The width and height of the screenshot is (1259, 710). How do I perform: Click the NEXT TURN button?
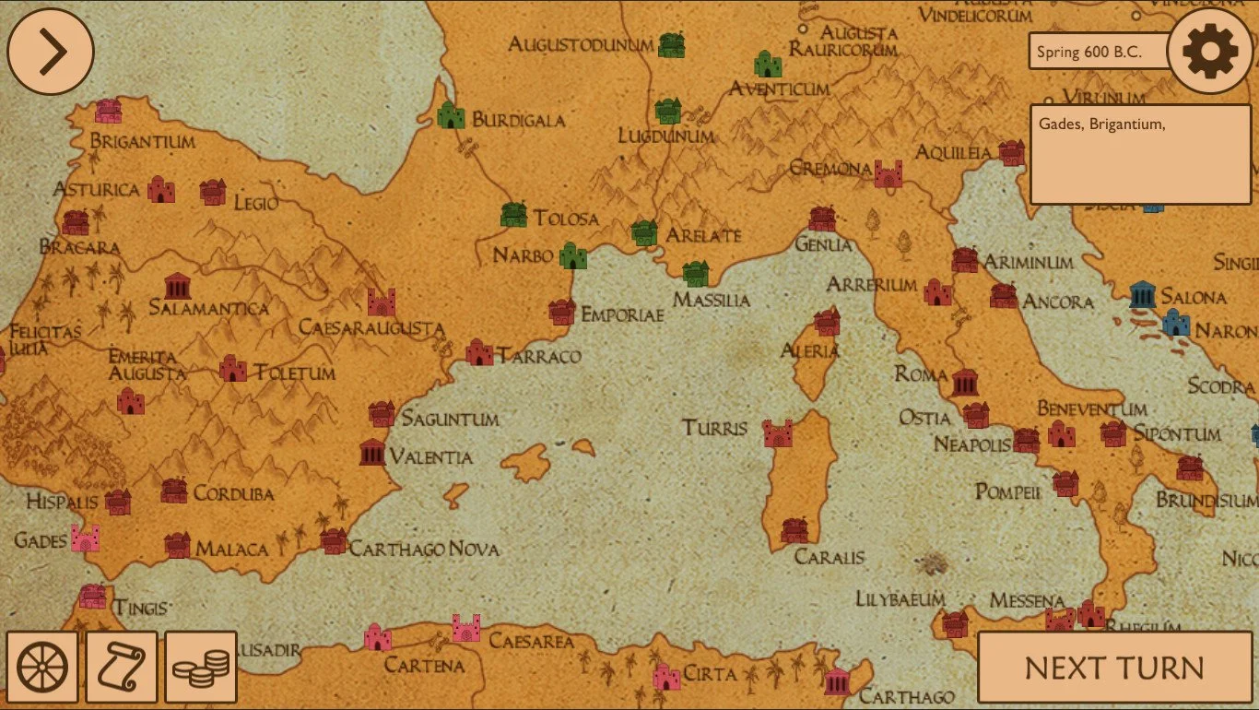pyautogui.click(x=1113, y=668)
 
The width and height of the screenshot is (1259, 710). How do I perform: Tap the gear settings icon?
pyautogui.click(x=1210, y=52)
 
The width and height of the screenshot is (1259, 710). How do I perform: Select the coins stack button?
pyautogui.click(x=202, y=667)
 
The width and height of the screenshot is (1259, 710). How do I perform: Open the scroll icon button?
pyautogui.click(x=122, y=667)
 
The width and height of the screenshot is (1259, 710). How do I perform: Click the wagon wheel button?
pyautogui.click(x=42, y=667)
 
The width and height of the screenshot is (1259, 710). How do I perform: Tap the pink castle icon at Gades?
pyautogui.click(x=85, y=538)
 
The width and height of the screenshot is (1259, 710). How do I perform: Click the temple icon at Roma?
pyautogui.click(x=965, y=381)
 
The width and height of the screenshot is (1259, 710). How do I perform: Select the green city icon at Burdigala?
pyautogui.click(x=451, y=115)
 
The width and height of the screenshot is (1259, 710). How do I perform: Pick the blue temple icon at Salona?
pyautogui.click(x=1143, y=294)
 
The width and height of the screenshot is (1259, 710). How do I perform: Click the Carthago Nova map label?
pyautogui.click(x=424, y=550)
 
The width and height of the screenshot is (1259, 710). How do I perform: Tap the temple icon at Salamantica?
pyautogui.click(x=177, y=286)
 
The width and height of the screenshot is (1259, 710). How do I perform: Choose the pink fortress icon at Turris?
pyautogui.click(x=778, y=433)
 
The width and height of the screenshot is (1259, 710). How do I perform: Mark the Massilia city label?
pyautogui.click(x=711, y=300)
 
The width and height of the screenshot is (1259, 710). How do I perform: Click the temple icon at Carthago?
pyautogui.click(x=837, y=682)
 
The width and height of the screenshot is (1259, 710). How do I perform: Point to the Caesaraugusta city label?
pyautogui.click(x=371, y=328)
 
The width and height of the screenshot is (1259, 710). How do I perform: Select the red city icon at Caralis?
pyautogui.click(x=794, y=530)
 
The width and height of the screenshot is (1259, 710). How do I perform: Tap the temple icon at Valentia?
pyautogui.click(x=372, y=453)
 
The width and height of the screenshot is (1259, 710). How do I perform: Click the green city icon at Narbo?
pyautogui.click(x=573, y=255)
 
